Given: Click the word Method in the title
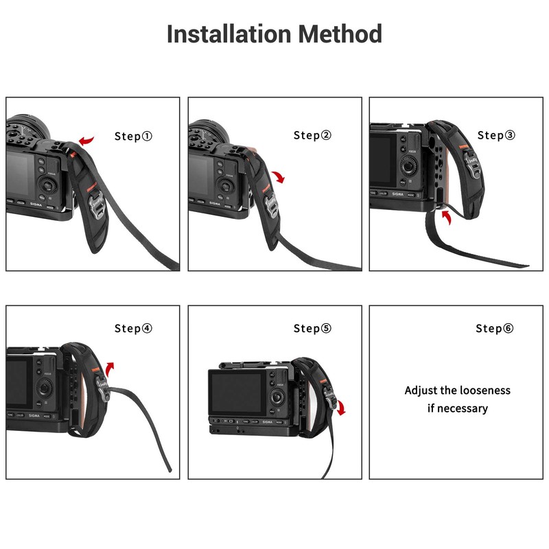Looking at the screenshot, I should click(339, 34).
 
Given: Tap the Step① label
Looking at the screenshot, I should click(133, 136).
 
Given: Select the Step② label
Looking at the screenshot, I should click(312, 135).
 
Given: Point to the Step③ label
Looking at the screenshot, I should click(495, 135).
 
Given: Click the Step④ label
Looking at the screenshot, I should click(133, 328).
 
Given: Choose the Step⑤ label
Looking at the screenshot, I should click(312, 328).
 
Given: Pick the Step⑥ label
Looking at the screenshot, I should click(494, 328).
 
